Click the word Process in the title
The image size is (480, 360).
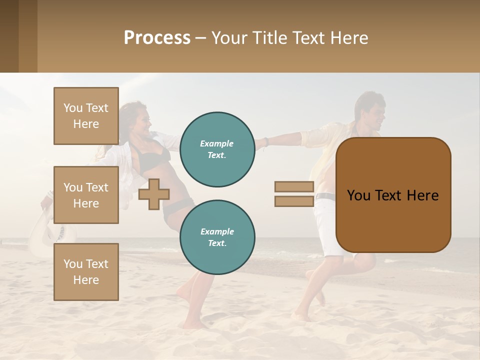tap(157, 38)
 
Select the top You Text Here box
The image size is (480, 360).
tap(86, 116)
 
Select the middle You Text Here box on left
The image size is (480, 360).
tap(86, 195)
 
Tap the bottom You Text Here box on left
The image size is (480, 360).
tap(86, 271)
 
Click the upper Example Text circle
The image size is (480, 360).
tap(217, 149)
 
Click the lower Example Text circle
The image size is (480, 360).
tap(217, 237)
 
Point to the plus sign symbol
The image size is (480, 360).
tap(153, 194)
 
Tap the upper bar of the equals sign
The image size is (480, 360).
tap(294, 187)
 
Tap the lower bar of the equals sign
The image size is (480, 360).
tap(294, 201)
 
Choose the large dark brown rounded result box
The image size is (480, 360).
tap(393, 195)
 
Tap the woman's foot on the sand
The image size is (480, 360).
tap(192, 324)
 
